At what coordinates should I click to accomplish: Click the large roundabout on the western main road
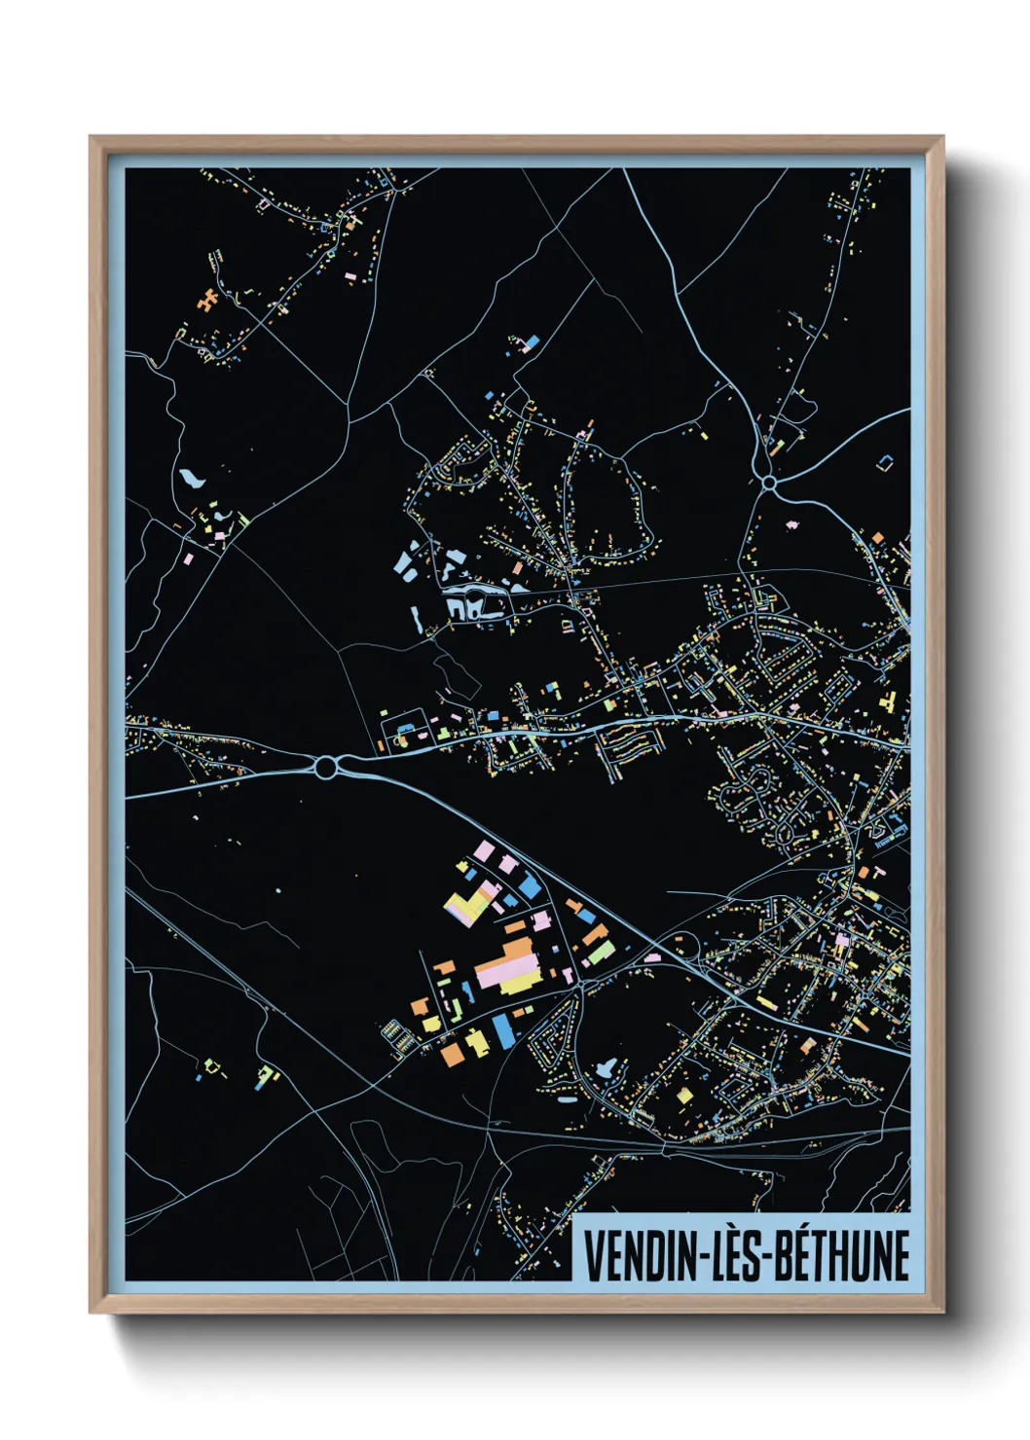[x=325, y=768]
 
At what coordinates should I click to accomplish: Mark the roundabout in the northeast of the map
[x=769, y=482]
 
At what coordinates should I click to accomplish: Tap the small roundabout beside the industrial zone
[x=581, y=986]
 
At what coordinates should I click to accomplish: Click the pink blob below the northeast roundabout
[x=793, y=523]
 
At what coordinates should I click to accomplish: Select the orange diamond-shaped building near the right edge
[x=877, y=538]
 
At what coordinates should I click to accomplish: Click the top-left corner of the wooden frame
[x=91, y=137]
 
